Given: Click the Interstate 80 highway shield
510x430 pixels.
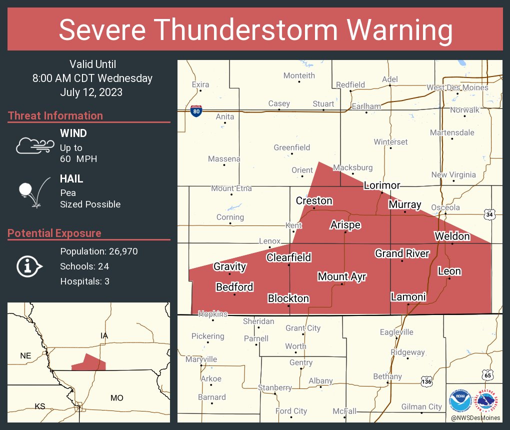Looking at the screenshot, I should (x=196, y=111).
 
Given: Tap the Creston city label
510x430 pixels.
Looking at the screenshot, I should (x=314, y=200).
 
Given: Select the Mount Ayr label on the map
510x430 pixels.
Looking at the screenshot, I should (x=342, y=276).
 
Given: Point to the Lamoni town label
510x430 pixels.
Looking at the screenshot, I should (x=408, y=297).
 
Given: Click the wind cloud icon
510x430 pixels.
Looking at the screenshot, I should (x=34, y=145).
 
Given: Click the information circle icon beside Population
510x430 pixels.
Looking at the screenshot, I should (x=28, y=266).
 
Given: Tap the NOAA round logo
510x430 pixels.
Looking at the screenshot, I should (x=459, y=400).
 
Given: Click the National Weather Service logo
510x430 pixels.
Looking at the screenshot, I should (x=487, y=400).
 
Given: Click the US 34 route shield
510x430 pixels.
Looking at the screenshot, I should (x=489, y=214).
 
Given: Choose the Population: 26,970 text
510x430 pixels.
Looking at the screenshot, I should (x=98, y=251).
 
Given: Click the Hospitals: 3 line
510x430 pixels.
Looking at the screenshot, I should (x=84, y=281).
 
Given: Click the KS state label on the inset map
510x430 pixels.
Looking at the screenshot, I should (x=40, y=406).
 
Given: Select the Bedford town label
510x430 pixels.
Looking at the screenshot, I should (x=234, y=287).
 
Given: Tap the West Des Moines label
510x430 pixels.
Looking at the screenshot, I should (x=457, y=87).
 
